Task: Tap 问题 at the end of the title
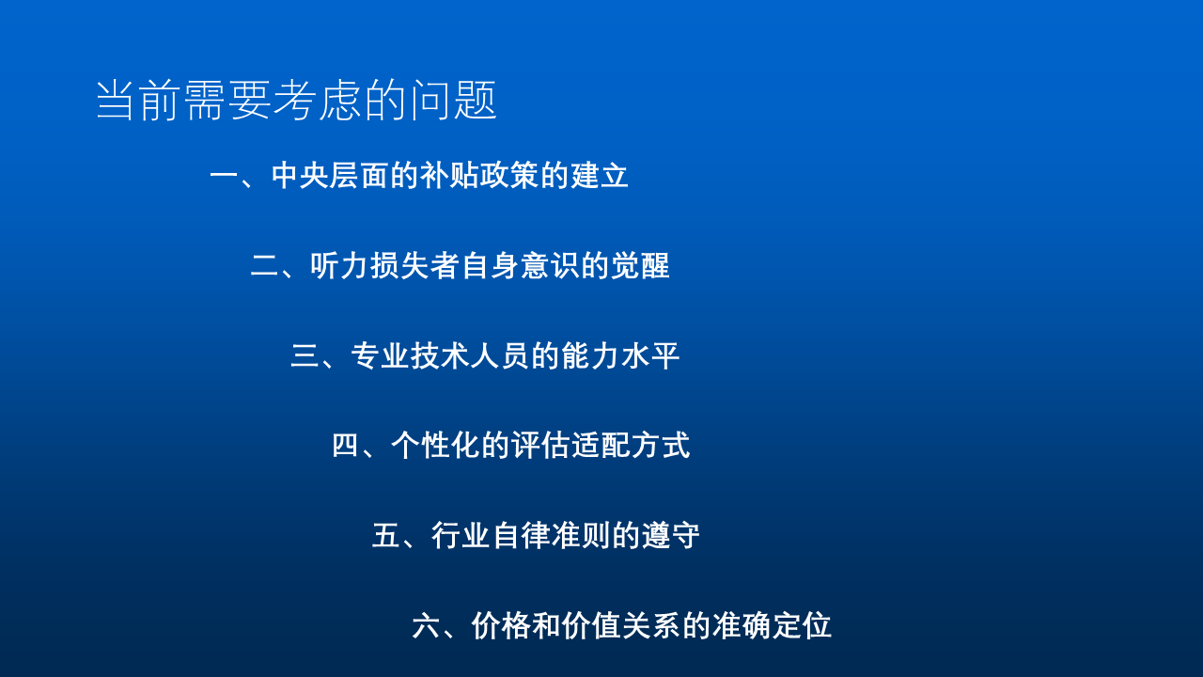(452, 101)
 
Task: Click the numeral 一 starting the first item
(225, 175)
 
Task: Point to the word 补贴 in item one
(449, 175)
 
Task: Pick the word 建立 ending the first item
(600, 175)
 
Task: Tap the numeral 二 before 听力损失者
(265, 265)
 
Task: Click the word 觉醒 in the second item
(640, 265)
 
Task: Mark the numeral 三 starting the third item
(305, 355)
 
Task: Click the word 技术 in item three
(441, 355)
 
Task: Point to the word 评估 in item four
(540, 446)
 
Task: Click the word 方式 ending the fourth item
(661, 446)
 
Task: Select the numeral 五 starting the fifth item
(386, 536)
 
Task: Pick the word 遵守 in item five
(671, 536)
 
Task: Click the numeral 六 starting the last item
(427, 626)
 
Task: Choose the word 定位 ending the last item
(802, 626)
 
